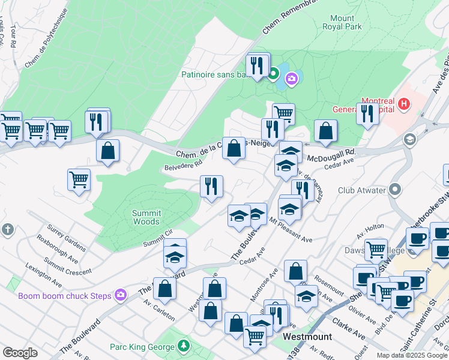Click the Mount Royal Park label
[x=342, y=22]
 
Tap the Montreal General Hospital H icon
[x=404, y=104]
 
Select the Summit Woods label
[x=146, y=217]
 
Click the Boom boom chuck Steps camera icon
[x=121, y=295]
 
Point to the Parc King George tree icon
[x=184, y=346]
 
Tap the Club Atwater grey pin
[x=394, y=190]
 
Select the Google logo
[x=20, y=353]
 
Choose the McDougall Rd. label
[x=331, y=155]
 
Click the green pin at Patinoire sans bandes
[x=273, y=74]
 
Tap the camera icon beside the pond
[x=292, y=79]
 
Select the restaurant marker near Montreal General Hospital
[x=367, y=113]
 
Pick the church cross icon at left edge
[x=7, y=230]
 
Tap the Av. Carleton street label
[x=158, y=308]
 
